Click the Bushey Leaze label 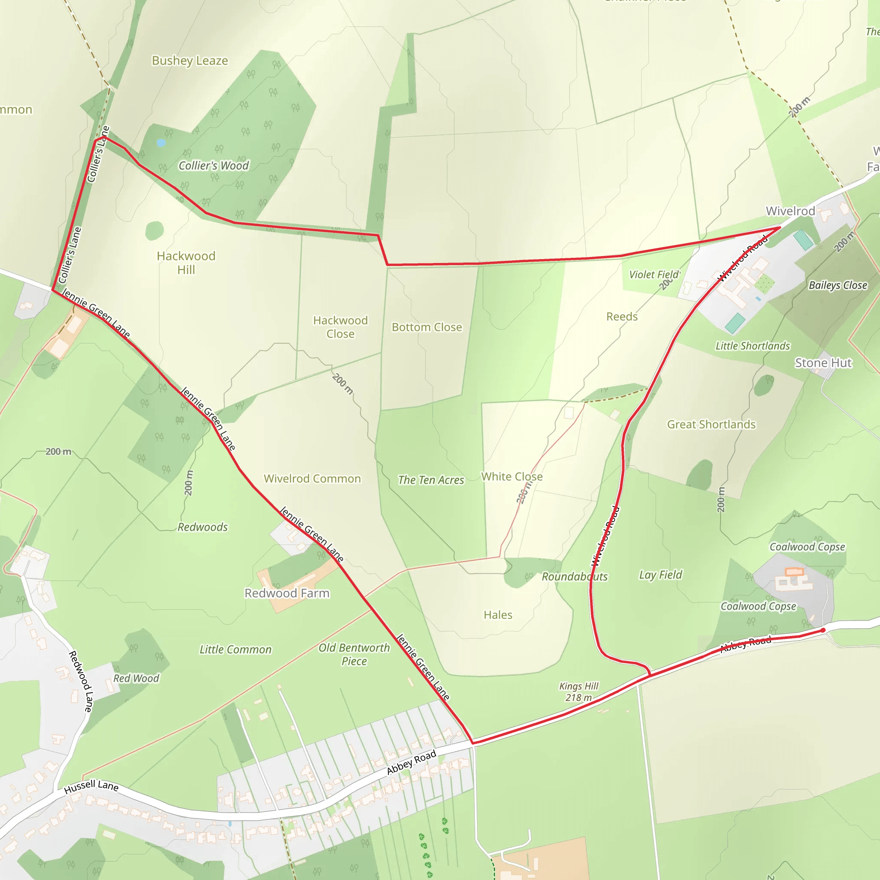tap(189, 61)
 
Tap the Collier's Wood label tap(213, 166)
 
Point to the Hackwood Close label tap(340, 327)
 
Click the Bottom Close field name tap(426, 327)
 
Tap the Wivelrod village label tap(790, 211)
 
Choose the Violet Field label tap(654, 275)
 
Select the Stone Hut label tap(822, 363)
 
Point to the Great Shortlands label tap(711, 425)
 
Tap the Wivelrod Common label tap(312, 479)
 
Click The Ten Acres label tap(431, 480)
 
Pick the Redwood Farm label tap(287, 593)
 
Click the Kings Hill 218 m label tap(578, 692)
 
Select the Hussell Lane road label tap(91, 787)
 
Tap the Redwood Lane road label tap(81, 681)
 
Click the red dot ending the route tap(822, 630)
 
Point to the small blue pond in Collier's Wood tap(161, 143)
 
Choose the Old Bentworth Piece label tap(354, 654)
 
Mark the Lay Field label tap(660, 575)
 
